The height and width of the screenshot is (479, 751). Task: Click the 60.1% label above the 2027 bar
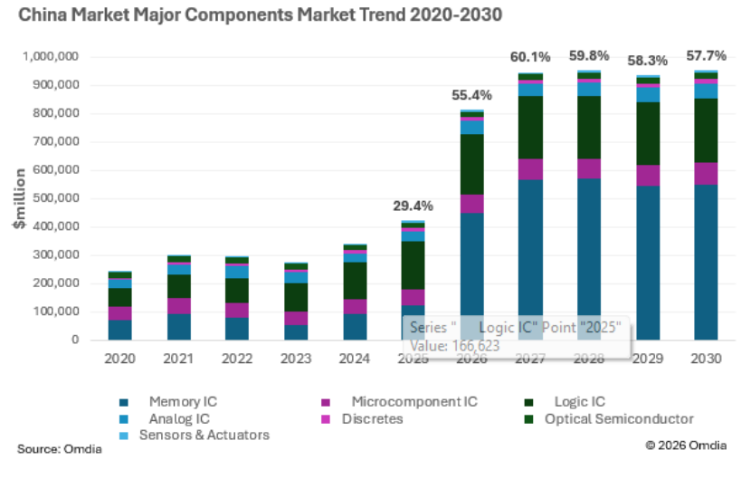[530, 57]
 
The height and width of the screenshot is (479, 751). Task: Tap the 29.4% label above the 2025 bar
[413, 206]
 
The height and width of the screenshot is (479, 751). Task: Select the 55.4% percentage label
[471, 95]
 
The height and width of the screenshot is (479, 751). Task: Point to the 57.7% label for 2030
[706, 55]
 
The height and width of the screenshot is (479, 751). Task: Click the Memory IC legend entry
[168, 402]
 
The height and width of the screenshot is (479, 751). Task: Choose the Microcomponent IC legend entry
[399, 402]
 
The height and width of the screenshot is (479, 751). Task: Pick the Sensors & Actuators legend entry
[195, 436]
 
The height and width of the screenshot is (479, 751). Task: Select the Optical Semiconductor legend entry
[609, 419]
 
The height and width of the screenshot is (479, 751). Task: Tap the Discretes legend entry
[362, 419]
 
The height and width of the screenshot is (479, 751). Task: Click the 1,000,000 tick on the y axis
[51, 56]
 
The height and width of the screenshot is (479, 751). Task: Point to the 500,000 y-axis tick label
[55, 198]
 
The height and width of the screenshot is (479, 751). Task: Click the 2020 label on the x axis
[119, 359]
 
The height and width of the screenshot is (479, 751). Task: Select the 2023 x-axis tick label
[296, 359]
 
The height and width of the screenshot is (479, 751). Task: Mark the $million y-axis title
[20, 198]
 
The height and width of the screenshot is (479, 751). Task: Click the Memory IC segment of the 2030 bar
[706, 263]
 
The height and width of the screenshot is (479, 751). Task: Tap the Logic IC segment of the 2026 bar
[471, 165]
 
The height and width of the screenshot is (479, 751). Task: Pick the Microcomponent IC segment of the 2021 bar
[178, 306]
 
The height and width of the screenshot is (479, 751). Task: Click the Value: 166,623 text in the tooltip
[454, 346]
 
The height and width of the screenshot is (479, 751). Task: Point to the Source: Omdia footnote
[60, 449]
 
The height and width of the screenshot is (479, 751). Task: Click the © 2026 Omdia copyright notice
[686, 445]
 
